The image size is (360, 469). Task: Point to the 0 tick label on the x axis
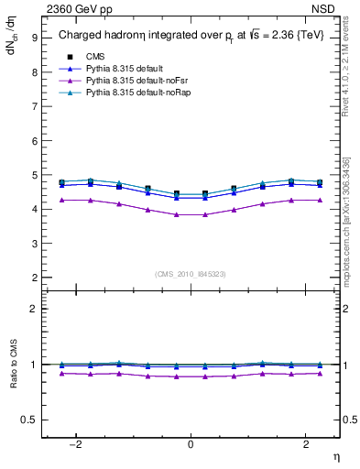pos(191,444)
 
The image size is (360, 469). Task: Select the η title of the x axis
pos(335,456)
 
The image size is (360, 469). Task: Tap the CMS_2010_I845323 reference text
pos(191,273)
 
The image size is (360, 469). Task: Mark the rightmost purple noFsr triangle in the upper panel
pos(318,200)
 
